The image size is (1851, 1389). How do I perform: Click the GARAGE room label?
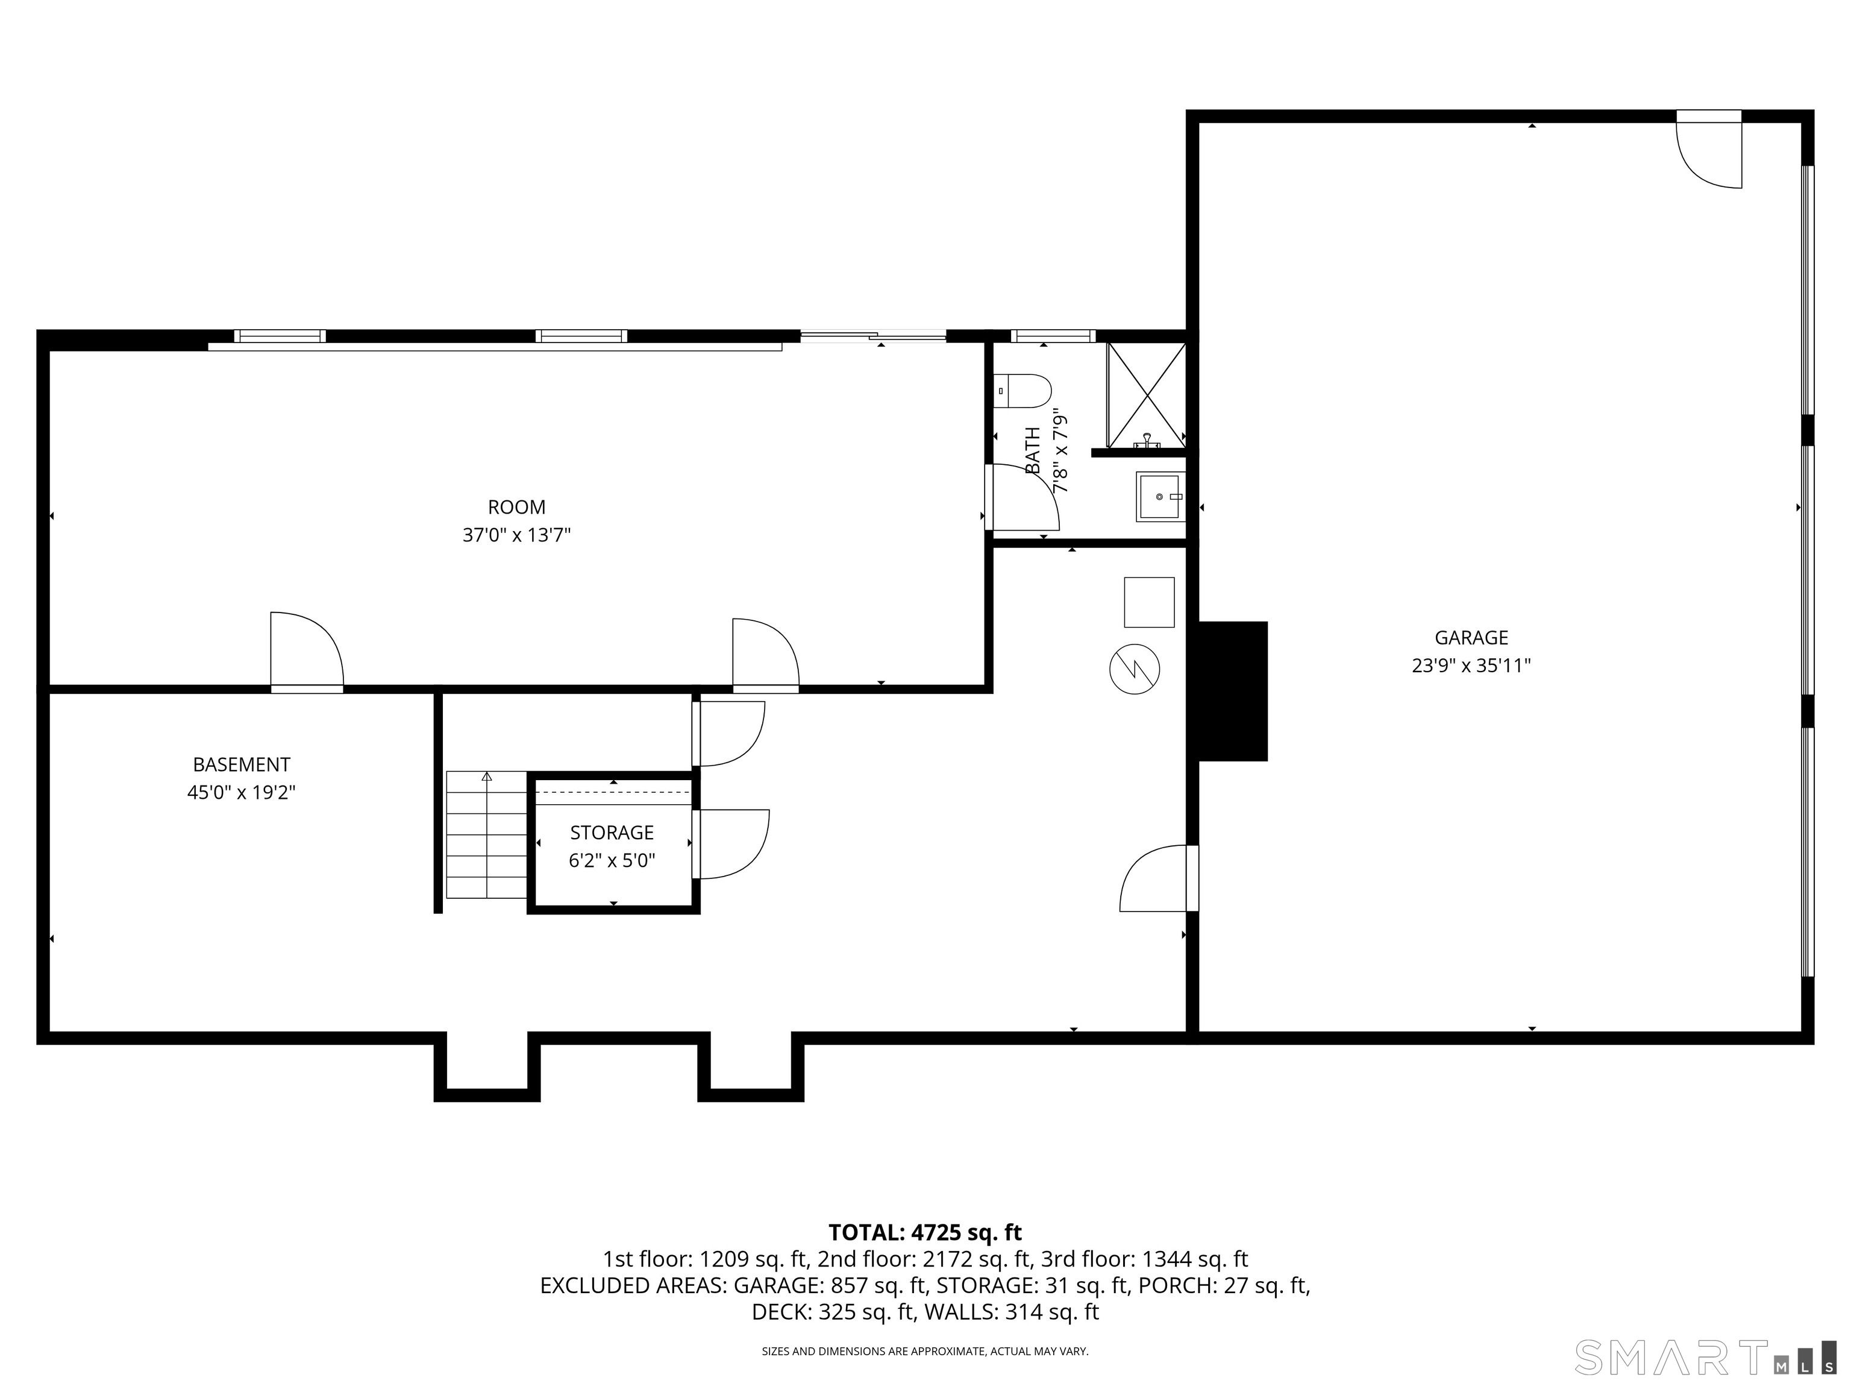[x=1471, y=637]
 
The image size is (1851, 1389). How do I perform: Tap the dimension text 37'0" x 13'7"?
[x=516, y=535]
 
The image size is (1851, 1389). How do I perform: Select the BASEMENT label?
[x=241, y=764]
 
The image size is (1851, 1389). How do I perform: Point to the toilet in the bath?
[x=1025, y=391]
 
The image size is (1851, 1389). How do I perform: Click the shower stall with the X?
[x=1147, y=395]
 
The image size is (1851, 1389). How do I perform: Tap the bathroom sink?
[x=1160, y=497]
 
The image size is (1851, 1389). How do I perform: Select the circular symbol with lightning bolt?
[x=1135, y=669]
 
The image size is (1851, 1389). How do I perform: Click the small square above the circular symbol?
[x=1149, y=602]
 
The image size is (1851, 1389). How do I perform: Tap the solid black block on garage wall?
[x=1233, y=691]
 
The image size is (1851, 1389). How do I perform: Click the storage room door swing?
[x=731, y=844]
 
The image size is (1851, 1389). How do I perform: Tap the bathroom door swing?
[x=1025, y=499]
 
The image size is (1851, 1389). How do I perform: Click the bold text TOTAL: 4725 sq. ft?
[x=925, y=1232]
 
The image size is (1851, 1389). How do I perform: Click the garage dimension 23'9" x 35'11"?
[x=1471, y=666]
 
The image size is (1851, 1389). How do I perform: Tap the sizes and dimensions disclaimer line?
[x=925, y=1352]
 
